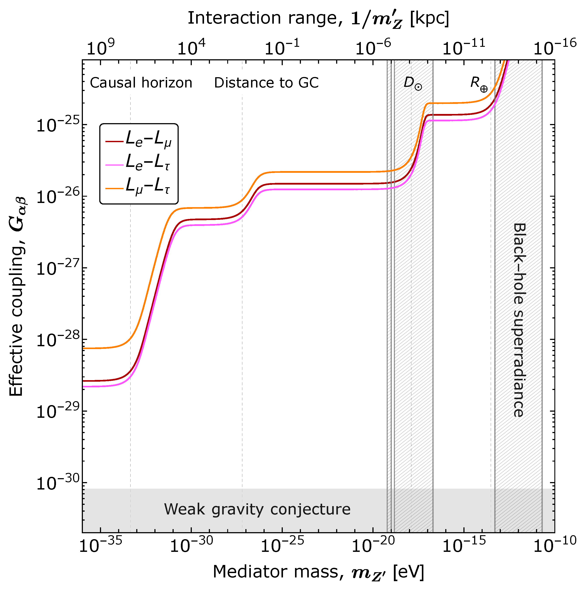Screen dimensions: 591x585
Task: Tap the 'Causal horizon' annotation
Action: pyautogui.click(x=141, y=83)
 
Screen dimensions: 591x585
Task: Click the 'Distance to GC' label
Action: pyautogui.click(x=266, y=83)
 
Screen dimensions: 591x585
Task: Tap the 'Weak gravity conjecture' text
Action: pyautogui.click(x=257, y=509)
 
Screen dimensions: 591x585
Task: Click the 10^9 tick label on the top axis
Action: pyautogui.click(x=101, y=48)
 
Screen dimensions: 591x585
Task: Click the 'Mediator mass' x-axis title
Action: pyautogui.click(x=318, y=571)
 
